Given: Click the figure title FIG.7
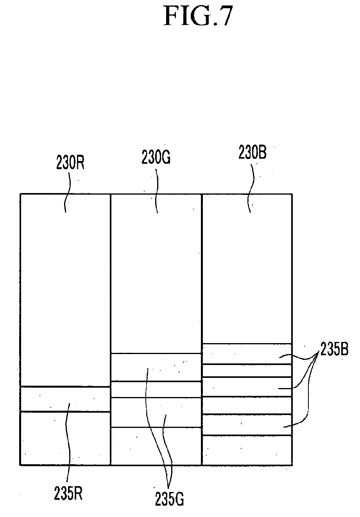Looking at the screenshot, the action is click(x=198, y=16).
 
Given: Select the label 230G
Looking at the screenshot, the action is click(x=156, y=157).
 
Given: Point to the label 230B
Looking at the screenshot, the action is click(x=253, y=152).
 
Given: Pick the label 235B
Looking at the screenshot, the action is click(x=334, y=356).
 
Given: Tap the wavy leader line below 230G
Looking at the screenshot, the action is click(x=156, y=191).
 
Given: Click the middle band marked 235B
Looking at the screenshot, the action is click(x=247, y=387).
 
